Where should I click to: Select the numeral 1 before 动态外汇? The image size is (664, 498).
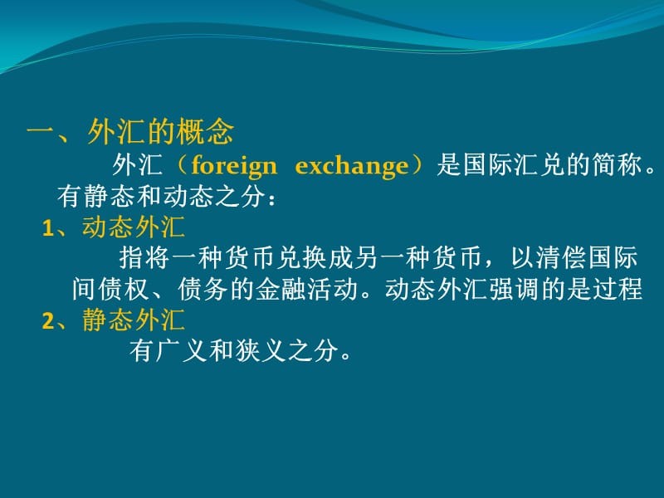(x=47, y=229)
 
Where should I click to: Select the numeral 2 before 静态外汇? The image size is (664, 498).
(x=47, y=321)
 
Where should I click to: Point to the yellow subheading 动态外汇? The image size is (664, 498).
(x=134, y=228)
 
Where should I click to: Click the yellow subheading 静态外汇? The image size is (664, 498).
(x=134, y=320)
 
